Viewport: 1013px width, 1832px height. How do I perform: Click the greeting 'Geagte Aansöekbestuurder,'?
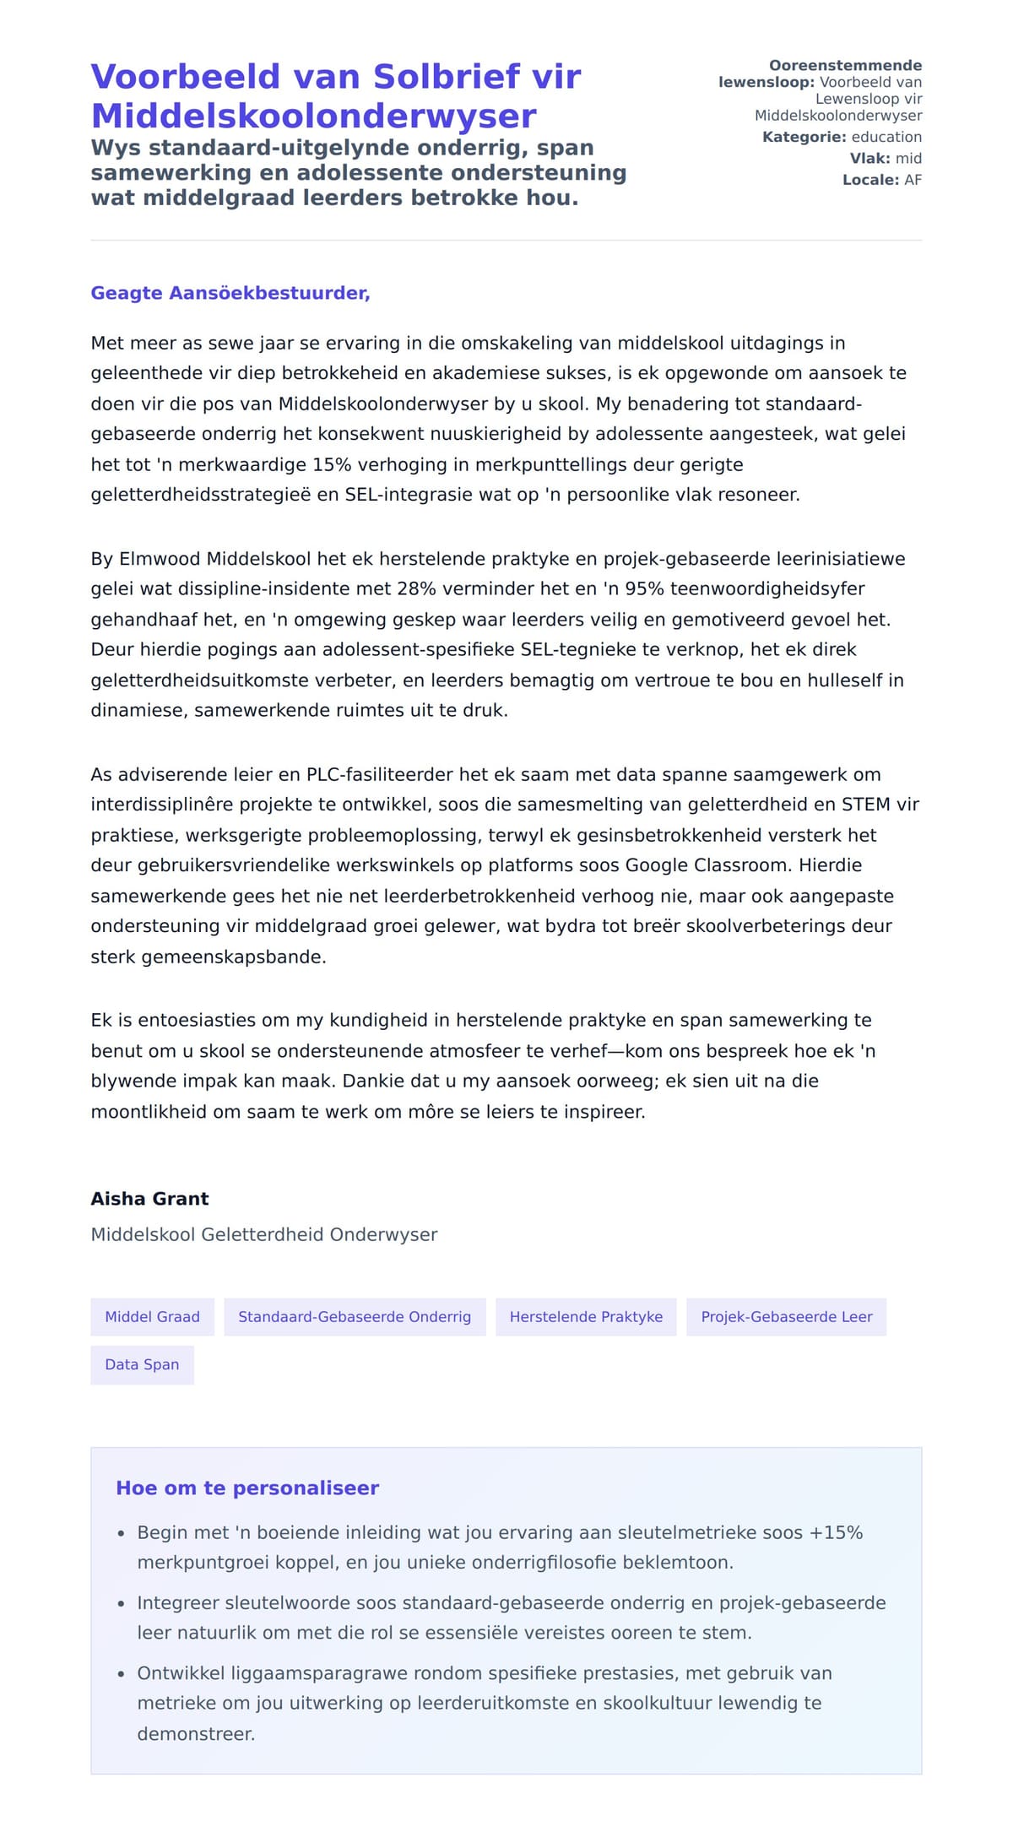[x=230, y=293]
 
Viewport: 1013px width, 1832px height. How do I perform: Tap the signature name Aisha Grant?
[x=149, y=1199]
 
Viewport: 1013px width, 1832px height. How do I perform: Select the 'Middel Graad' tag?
[x=152, y=1317]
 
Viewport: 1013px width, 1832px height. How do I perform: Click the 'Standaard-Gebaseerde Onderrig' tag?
[x=355, y=1317]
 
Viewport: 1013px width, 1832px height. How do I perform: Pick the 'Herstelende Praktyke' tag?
[x=586, y=1317]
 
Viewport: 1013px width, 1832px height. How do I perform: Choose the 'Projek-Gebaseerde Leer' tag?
[x=786, y=1317]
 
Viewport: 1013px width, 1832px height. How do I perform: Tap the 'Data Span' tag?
[x=142, y=1365]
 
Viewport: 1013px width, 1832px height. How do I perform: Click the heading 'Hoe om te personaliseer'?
[x=247, y=1488]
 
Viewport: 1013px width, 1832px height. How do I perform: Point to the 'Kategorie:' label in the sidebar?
[x=804, y=137]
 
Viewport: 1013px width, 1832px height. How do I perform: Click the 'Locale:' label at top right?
[x=870, y=180]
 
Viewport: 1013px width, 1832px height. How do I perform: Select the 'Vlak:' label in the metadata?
[x=869, y=159]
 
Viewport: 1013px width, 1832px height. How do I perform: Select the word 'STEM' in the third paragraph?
[x=865, y=805]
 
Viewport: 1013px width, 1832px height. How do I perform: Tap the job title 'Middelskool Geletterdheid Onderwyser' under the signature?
[x=264, y=1234]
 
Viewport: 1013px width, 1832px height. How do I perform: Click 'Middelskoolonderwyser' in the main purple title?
[x=313, y=116]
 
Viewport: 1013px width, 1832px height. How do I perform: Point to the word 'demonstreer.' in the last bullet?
[x=196, y=1734]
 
